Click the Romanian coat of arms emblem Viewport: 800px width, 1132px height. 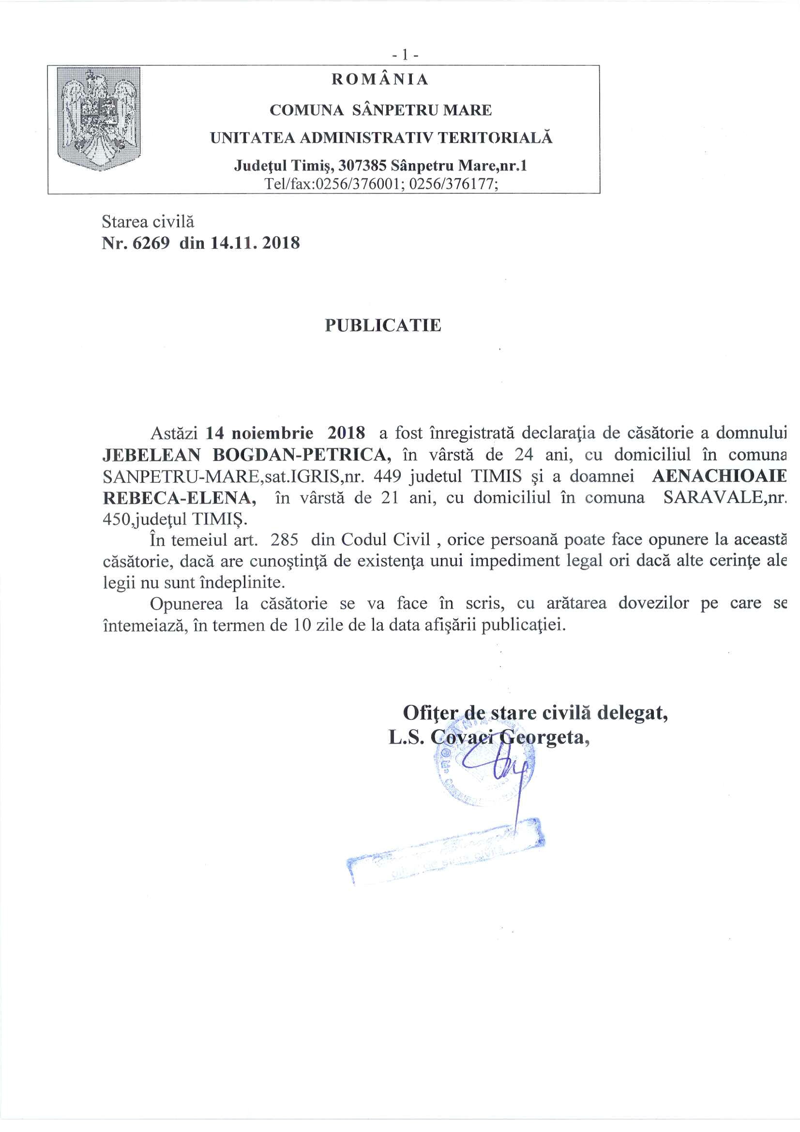coord(99,119)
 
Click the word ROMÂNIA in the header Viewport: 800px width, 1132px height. coord(379,79)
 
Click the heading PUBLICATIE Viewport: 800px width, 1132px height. coord(383,325)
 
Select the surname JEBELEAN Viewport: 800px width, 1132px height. coord(151,455)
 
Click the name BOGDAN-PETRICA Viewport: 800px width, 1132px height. coord(302,455)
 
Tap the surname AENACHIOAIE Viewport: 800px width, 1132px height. coord(719,476)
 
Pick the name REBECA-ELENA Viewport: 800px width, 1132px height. coord(180,498)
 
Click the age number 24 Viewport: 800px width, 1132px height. coord(524,455)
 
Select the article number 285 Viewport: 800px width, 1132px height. coord(285,540)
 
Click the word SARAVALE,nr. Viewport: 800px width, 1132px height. coord(725,498)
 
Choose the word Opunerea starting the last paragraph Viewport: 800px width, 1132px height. coord(186,604)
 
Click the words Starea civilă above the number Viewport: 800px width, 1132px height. coord(148,222)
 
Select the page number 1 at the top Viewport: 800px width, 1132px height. coord(405,55)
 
